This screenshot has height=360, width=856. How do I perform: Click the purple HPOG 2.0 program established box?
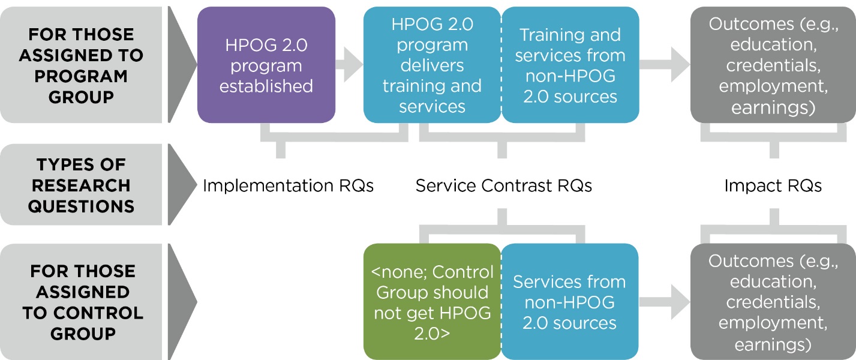(x=266, y=65)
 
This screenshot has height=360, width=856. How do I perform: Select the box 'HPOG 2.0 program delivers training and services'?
(x=432, y=65)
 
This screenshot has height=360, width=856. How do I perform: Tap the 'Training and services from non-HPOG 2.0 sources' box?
(x=570, y=65)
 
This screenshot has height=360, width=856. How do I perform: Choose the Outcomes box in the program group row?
(x=773, y=65)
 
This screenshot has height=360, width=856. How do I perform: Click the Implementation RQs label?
(x=288, y=186)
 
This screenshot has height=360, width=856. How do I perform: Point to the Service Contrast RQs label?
(x=504, y=186)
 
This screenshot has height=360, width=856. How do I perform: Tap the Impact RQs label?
(x=773, y=186)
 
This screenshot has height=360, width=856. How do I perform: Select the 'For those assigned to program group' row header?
(x=81, y=65)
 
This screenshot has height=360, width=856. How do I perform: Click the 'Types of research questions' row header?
(x=81, y=185)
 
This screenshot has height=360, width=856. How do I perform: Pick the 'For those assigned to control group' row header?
(x=81, y=301)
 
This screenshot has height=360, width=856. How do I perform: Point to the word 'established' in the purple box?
(x=266, y=86)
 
